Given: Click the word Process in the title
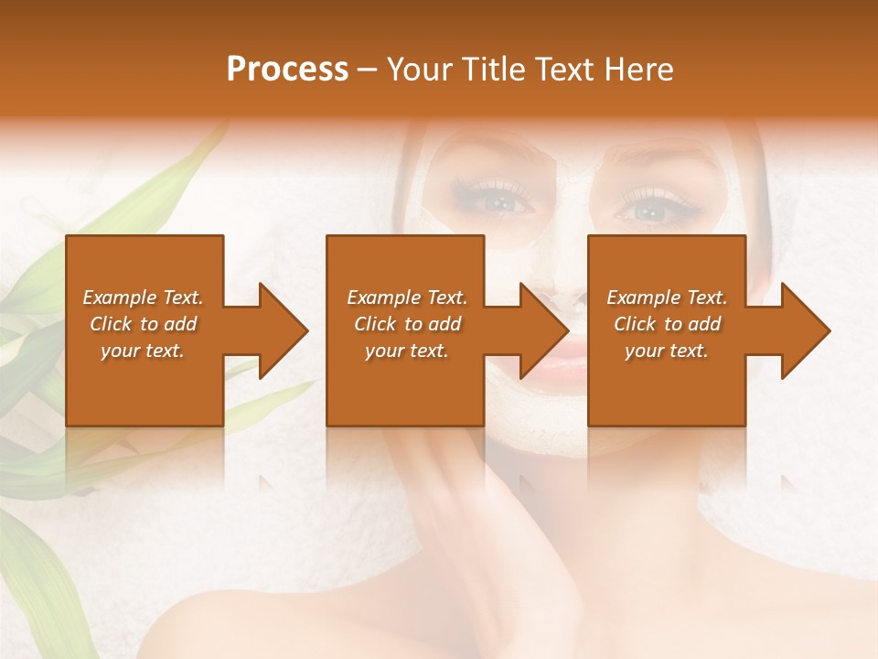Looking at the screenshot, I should pos(287,70).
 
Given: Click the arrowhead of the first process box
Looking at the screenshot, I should pos(283,330).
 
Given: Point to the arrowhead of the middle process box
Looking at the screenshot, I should pos(543,330).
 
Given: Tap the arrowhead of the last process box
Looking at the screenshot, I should pos(805,330).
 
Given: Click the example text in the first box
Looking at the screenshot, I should pos(143,324).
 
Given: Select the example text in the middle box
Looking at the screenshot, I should pos(407,324).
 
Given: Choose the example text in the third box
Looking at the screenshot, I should pos(667,324).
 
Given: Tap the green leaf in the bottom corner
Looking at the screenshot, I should pos(37,577).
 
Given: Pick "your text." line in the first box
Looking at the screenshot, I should pos(143,351).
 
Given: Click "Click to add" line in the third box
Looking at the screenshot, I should pos(667,324).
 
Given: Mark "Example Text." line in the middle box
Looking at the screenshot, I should pos(407,297).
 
